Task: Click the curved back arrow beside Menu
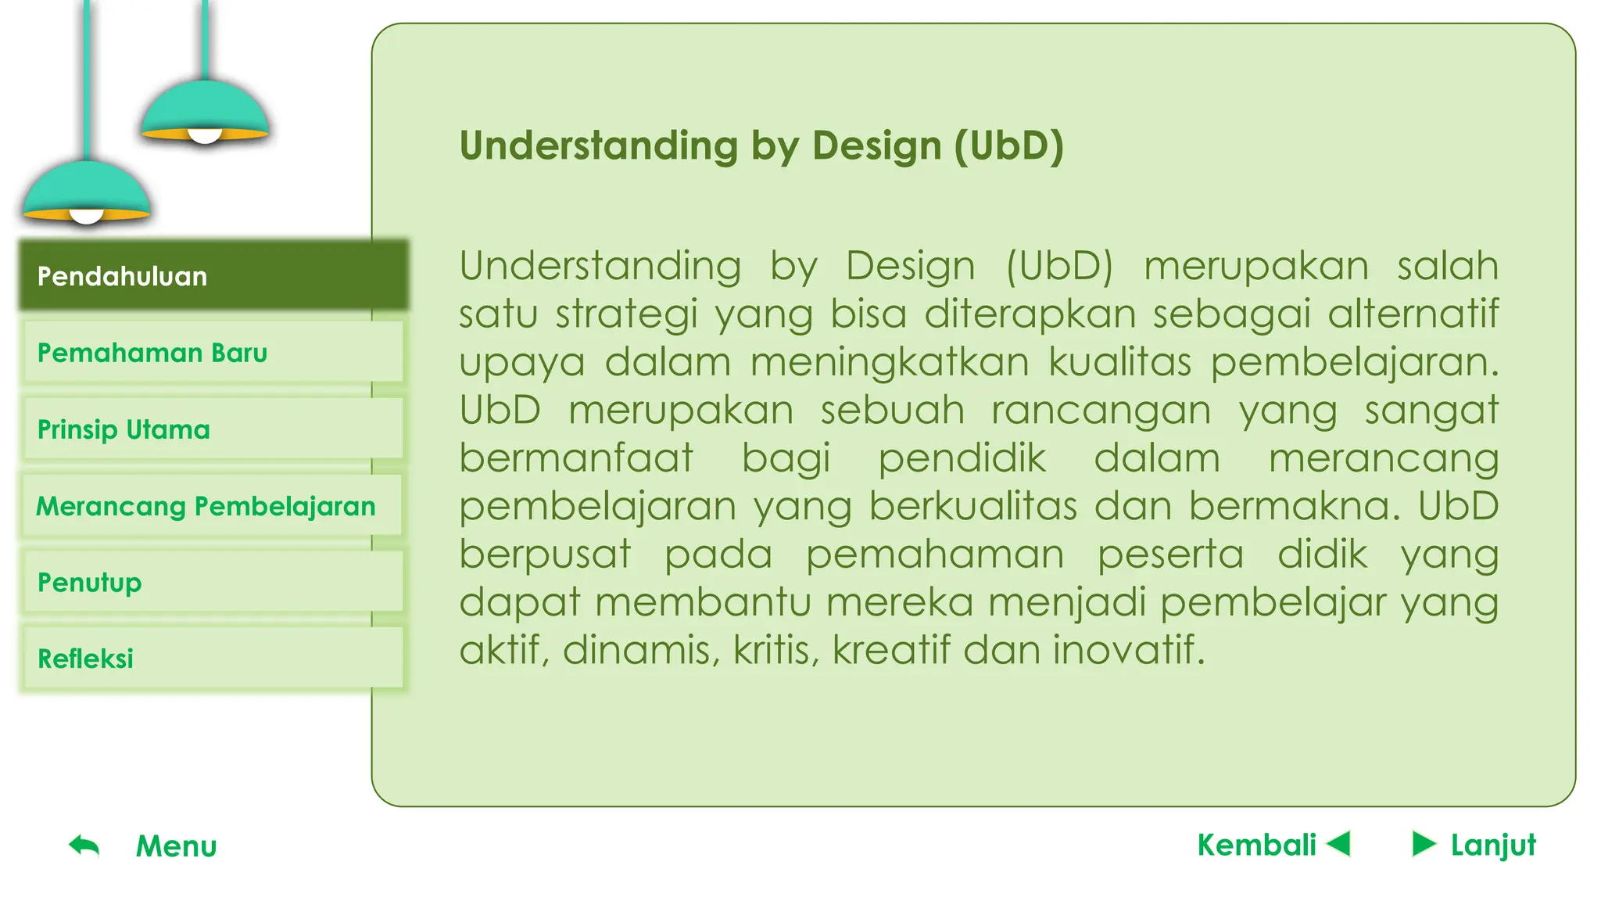[x=84, y=845]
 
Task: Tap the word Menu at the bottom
[x=176, y=846]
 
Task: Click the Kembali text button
[x=1256, y=845]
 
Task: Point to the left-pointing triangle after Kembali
[x=1340, y=844]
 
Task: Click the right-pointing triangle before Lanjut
[x=1424, y=844]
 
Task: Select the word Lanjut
[x=1493, y=845]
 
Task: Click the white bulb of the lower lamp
[x=87, y=217]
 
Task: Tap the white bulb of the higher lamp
[x=205, y=137]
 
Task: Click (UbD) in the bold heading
[x=1008, y=146]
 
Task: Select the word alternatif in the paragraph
[x=1413, y=314]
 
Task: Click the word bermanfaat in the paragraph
[x=575, y=458]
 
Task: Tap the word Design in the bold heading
[x=876, y=146]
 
